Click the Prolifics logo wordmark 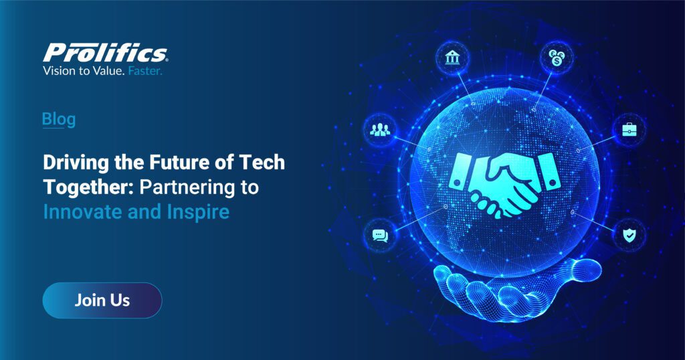pyautogui.click(x=105, y=52)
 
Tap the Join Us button pyautogui.click(x=102, y=300)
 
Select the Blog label pyautogui.click(x=58, y=119)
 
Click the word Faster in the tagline pyautogui.click(x=144, y=70)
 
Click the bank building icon pyautogui.click(x=452, y=58)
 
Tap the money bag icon pyautogui.click(x=555, y=58)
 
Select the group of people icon pyautogui.click(x=379, y=129)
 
